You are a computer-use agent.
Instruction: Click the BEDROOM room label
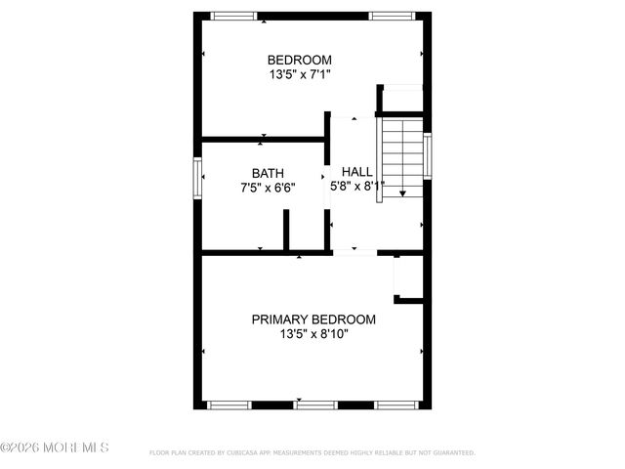300,59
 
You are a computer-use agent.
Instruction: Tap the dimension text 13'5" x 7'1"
300,73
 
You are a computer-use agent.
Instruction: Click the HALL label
356,171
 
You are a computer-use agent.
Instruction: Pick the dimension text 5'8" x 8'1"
356,185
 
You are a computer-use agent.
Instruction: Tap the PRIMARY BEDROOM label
313,320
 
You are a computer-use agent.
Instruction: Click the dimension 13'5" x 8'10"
313,334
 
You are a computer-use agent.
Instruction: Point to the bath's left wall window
197,178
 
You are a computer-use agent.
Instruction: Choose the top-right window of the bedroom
391,15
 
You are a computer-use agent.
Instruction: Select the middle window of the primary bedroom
315,404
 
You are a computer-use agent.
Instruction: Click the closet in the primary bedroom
408,276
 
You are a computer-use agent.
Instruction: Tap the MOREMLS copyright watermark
55,448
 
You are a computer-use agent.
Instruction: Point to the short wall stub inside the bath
286,230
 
